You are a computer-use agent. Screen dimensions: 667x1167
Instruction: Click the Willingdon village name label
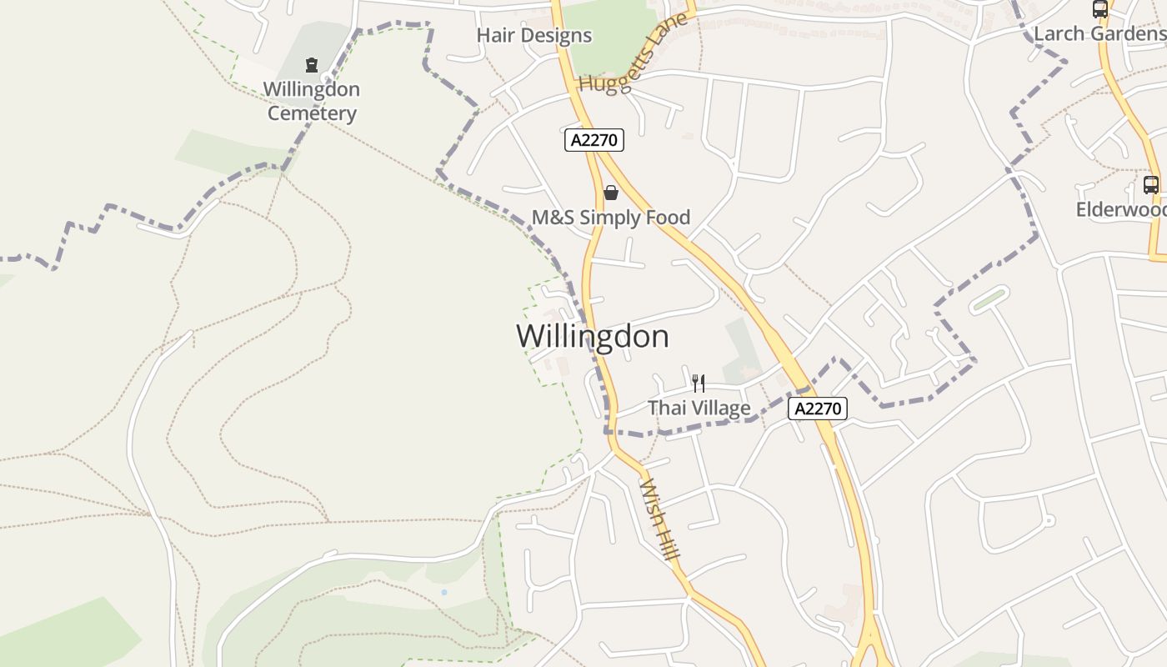pos(592,337)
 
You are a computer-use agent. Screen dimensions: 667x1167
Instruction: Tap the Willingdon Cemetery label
pos(312,101)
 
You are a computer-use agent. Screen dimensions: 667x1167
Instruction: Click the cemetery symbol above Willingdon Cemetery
pos(312,64)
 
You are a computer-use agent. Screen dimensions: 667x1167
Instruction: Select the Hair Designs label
pos(533,36)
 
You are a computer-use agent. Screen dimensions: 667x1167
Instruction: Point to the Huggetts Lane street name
pos(634,54)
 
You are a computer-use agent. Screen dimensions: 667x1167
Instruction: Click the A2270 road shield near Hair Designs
pos(594,140)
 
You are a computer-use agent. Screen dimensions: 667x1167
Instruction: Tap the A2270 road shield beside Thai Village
pos(818,409)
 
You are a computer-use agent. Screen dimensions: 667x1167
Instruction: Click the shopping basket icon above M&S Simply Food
pos(611,193)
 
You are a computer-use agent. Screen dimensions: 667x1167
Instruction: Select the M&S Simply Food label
pos(611,218)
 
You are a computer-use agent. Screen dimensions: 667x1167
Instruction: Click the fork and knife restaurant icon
pos(699,384)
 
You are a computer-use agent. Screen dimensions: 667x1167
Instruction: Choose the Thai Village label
pos(699,409)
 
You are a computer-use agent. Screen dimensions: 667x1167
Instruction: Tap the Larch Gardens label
pos(1099,34)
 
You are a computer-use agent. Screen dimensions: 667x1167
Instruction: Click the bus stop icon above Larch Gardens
pos(1100,9)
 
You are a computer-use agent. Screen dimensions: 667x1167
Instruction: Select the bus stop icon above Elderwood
pos(1151,185)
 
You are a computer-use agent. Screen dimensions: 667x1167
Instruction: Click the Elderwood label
pos(1120,210)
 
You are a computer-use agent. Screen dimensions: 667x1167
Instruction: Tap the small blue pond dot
pos(444,592)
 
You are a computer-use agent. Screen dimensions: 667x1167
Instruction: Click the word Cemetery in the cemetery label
pos(312,113)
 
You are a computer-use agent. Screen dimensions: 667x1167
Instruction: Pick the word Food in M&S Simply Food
pos(667,218)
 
